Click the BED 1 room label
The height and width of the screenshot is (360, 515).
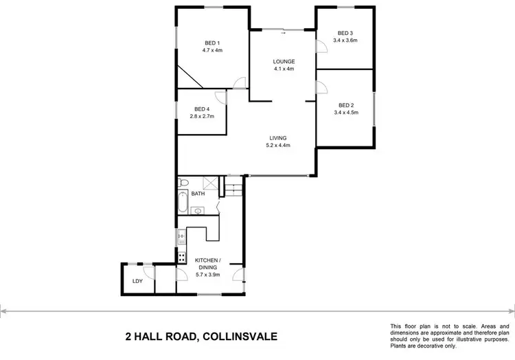point(211,41)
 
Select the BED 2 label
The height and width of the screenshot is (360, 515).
point(345,104)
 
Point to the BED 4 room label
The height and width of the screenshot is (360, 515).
point(202,109)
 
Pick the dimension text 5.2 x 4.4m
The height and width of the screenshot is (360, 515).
point(278,145)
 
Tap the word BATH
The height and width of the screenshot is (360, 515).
point(198,194)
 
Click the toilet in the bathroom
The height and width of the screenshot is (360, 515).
point(183,183)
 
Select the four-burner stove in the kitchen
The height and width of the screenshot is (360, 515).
point(182,258)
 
